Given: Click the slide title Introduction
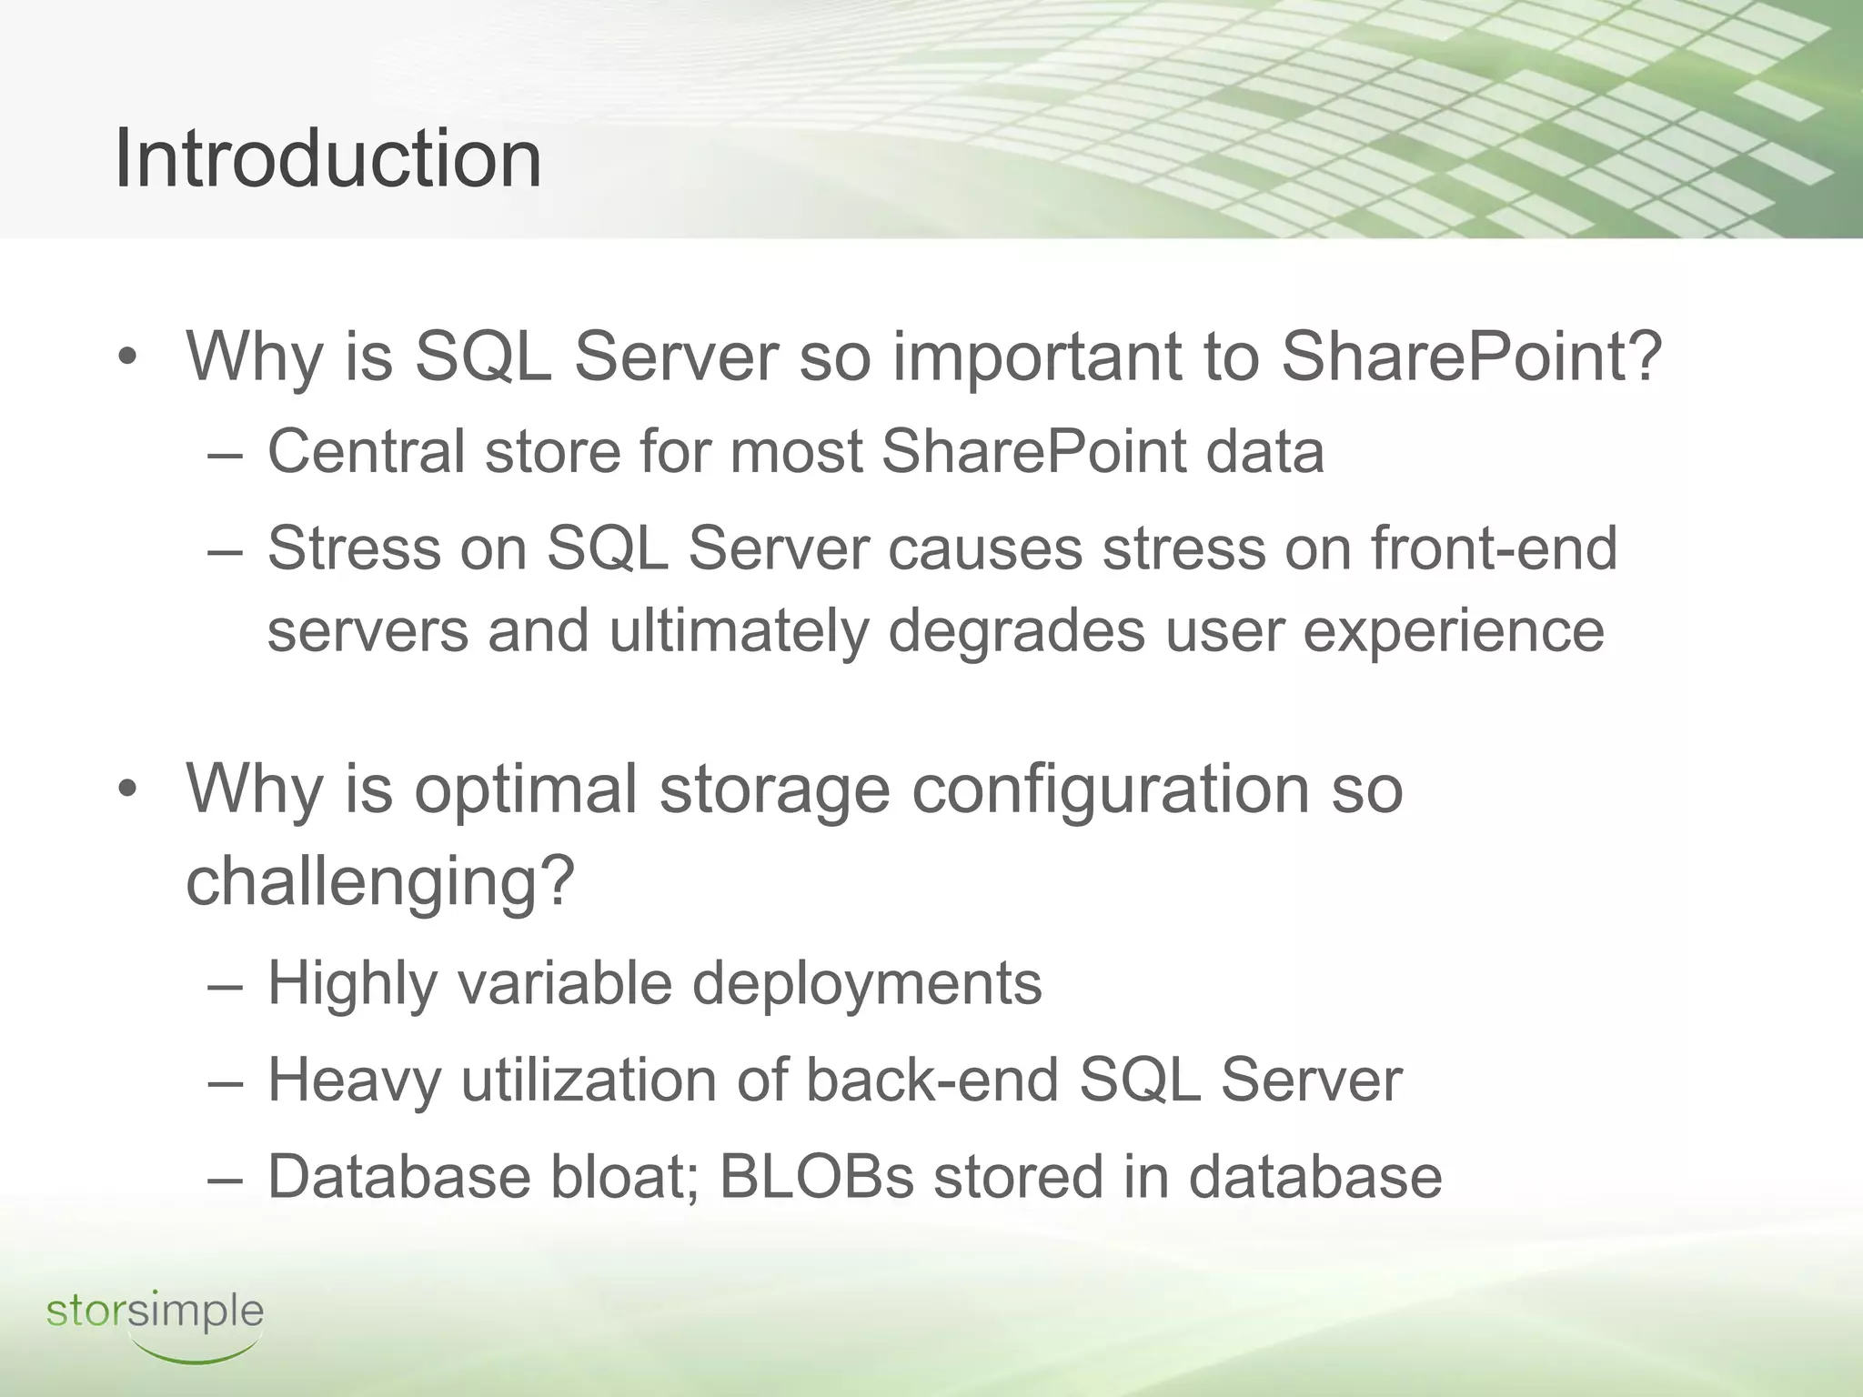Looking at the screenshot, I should point(327,159).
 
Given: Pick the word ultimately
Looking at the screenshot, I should point(738,630).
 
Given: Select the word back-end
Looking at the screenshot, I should point(932,1080).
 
